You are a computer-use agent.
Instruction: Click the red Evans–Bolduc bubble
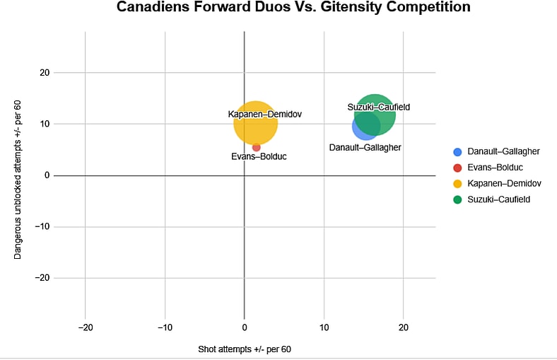click(x=257, y=147)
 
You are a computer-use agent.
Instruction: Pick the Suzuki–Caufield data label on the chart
click(x=379, y=108)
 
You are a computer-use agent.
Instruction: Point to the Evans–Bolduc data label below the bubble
click(x=259, y=156)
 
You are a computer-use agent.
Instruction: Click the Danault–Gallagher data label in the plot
click(x=365, y=148)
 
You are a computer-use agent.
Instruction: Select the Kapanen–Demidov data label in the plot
click(x=260, y=114)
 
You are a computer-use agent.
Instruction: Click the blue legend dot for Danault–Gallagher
click(x=457, y=152)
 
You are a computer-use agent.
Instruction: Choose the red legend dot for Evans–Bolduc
click(x=457, y=168)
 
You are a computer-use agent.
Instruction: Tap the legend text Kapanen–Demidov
click(x=505, y=184)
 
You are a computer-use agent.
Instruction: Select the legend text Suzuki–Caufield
click(x=499, y=199)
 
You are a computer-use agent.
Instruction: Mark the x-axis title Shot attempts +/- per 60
click(x=245, y=349)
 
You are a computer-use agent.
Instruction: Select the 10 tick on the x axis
click(x=324, y=328)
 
